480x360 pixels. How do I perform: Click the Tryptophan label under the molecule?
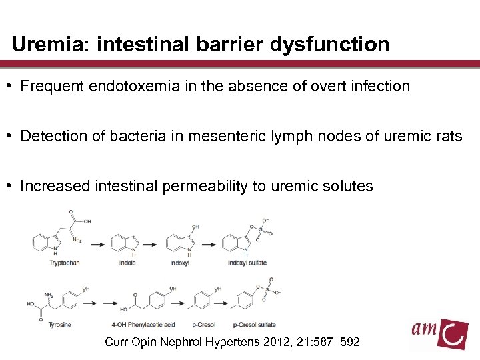coord(65,263)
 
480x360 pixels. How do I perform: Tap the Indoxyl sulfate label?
coord(247,263)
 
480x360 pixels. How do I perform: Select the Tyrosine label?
coord(60,325)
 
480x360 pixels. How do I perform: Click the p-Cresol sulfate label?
coord(255,325)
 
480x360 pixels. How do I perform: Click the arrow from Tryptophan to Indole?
coord(98,245)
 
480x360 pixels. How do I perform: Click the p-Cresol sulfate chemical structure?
coord(253,300)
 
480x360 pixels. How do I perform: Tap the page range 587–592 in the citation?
coord(343,342)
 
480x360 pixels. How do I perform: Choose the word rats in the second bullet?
coord(447,137)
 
